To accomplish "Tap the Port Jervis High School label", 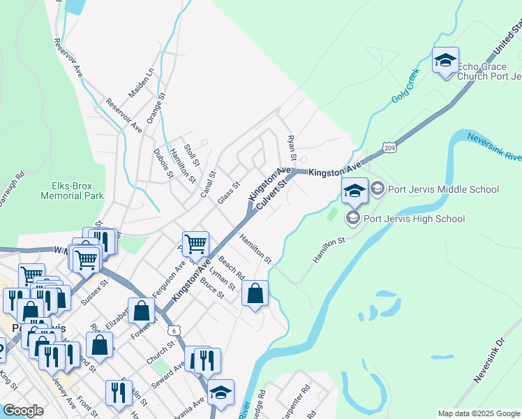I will click(414, 219).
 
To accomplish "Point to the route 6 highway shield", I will click(173, 330).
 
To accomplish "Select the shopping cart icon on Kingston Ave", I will click(196, 244).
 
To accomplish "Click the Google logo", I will click(23, 411).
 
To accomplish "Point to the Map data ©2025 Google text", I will click(478, 413).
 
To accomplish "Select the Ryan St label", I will click(292, 146).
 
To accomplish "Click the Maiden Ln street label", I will click(140, 83).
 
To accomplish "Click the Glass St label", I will click(228, 193).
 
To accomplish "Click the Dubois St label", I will click(163, 163).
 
